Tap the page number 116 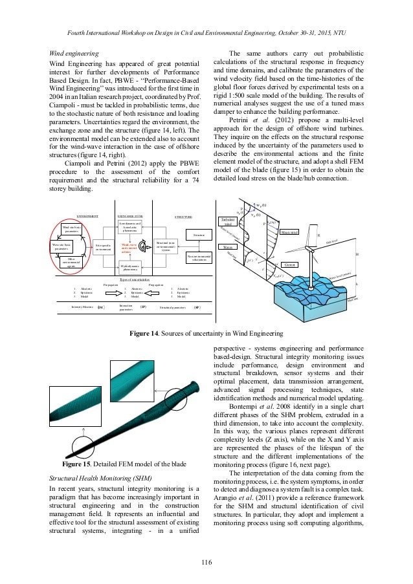pyautogui.click(x=206, y=567)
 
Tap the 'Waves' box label pyautogui.click(x=227, y=247)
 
